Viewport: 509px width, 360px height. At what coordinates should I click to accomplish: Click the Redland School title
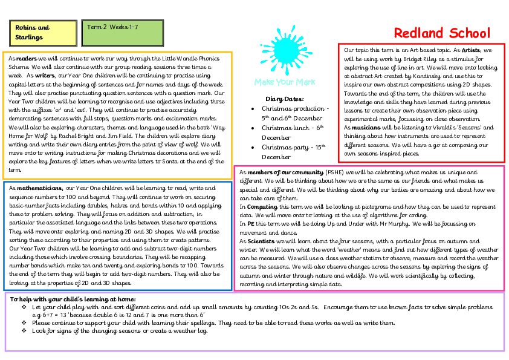[x=442, y=33]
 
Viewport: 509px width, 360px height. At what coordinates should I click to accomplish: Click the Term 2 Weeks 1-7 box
[x=123, y=33]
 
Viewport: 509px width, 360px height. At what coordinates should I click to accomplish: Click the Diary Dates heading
[x=284, y=99]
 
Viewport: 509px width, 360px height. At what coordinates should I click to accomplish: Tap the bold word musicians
[x=368, y=128]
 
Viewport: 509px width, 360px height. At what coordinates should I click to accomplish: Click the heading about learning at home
[x=73, y=299]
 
